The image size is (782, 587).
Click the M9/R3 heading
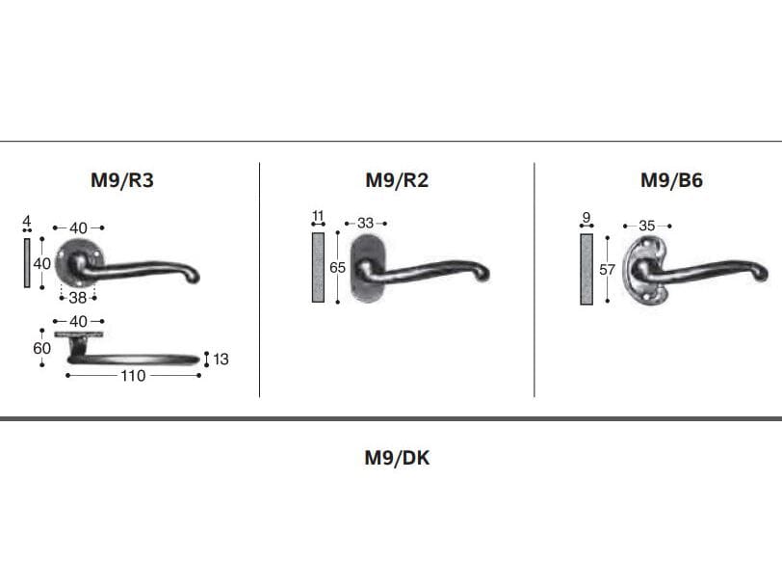coord(122,180)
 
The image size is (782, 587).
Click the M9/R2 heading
coord(397,180)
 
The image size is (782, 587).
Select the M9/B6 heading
coord(672,180)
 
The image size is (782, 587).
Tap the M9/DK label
coord(397,458)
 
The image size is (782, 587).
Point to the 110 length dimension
coord(133,375)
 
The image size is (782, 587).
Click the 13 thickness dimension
coord(221,359)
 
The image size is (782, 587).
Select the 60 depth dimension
coord(42,348)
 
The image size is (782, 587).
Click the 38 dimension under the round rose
coord(78,298)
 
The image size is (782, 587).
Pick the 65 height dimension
coord(338,268)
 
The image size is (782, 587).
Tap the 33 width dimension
coord(366,223)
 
